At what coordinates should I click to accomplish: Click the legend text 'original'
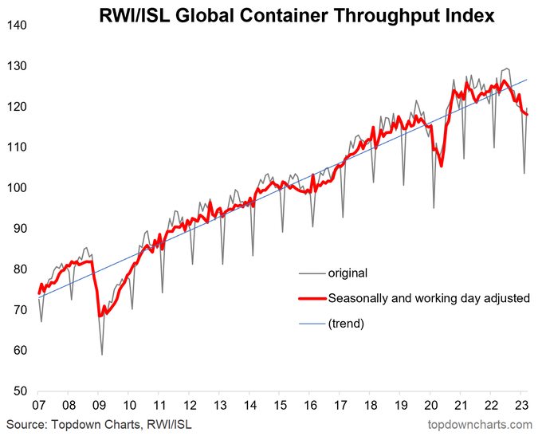pos(348,273)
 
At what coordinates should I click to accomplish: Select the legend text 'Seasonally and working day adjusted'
pos(429,298)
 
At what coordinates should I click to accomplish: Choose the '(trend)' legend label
pos(346,324)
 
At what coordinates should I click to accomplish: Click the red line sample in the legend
pos(311,298)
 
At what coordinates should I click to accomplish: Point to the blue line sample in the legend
pos(311,324)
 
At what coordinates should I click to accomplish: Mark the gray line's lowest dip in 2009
pos(102,354)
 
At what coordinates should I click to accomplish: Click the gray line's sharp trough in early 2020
pos(434,208)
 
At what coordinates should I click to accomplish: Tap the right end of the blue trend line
pos(528,80)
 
